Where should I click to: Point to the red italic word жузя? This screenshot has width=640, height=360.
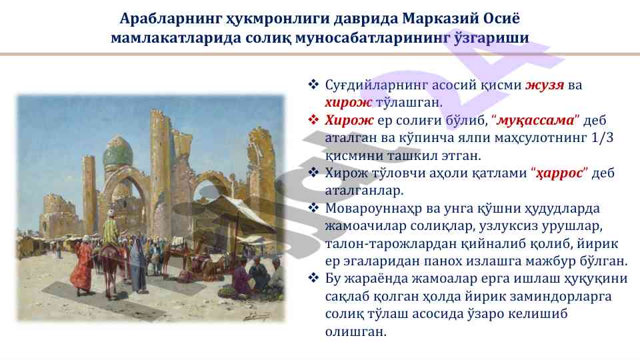[x=545, y=85]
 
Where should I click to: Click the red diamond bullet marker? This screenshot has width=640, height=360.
[x=313, y=119]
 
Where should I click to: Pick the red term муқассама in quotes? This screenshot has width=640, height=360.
[x=535, y=121]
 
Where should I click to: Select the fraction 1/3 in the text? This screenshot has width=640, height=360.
[x=603, y=137]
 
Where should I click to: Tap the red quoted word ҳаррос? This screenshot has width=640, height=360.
[x=559, y=173]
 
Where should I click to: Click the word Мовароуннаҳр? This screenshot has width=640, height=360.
[x=368, y=209]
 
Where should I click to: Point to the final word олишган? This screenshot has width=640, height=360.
[x=355, y=331]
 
